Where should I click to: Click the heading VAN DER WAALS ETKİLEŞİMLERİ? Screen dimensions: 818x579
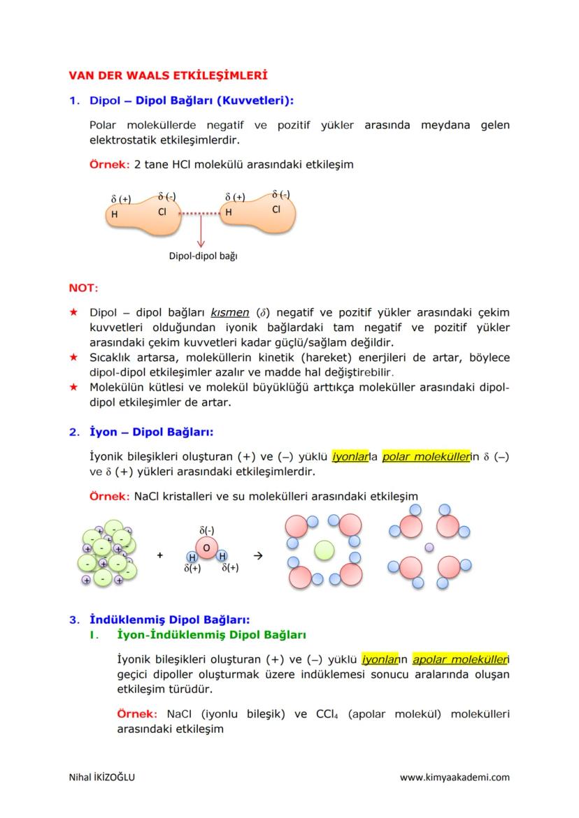click(x=168, y=74)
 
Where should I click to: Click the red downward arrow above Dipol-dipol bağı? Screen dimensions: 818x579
click(x=201, y=231)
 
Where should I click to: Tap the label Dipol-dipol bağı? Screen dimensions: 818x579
click(x=203, y=256)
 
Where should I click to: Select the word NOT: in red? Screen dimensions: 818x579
click(x=83, y=288)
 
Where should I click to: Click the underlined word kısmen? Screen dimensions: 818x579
click(x=230, y=312)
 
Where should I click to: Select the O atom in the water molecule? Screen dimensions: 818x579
click(x=206, y=548)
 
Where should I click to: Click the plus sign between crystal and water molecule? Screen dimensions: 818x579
click(x=160, y=555)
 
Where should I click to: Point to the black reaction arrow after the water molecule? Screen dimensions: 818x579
click(x=257, y=555)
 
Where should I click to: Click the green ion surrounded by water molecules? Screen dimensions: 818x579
click(x=324, y=550)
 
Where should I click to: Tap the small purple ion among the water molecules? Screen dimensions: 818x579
click(x=429, y=548)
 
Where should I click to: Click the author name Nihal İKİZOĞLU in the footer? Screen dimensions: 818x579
click(x=101, y=777)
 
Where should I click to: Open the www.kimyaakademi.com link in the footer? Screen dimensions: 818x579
click(x=455, y=777)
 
